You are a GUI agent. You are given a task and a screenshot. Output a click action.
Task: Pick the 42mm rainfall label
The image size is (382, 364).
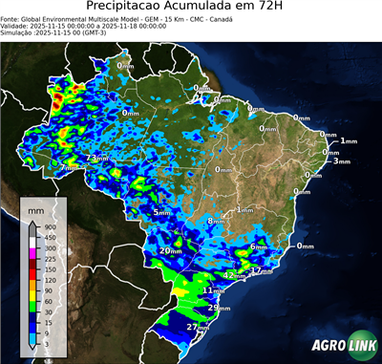pos(232,274)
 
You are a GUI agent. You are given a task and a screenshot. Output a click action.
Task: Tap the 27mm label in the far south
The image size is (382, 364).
pos(198,327)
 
